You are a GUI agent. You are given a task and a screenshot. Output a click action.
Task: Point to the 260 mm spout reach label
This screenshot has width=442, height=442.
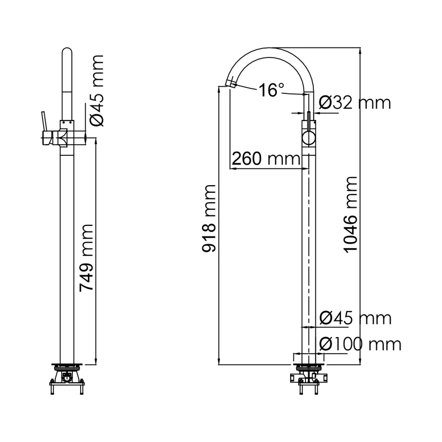click(x=265, y=159)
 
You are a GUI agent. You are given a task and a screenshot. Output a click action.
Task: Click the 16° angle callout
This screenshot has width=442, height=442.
click(x=271, y=90)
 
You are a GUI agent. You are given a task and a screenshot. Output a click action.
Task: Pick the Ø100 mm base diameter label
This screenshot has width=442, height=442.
click(x=360, y=344)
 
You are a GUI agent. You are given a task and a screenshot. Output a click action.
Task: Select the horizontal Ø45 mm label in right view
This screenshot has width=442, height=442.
click(x=355, y=318)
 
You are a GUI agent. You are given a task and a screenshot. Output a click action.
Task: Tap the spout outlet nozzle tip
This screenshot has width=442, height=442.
click(x=228, y=84)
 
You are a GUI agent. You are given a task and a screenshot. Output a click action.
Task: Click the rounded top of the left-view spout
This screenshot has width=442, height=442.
click(x=66, y=52)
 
